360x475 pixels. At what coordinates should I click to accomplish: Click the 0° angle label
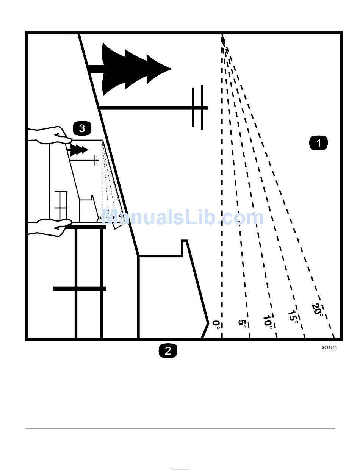click(x=216, y=325)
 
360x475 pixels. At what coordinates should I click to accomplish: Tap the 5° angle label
click(x=243, y=324)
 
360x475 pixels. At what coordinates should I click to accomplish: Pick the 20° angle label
click(x=318, y=310)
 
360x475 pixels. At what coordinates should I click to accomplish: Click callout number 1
click(x=318, y=143)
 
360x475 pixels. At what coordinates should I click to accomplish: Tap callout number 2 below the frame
click(x=167, y=350)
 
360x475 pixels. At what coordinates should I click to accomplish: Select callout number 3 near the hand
click(x=82, y=128)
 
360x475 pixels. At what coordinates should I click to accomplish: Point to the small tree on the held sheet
click(x=78, y=150)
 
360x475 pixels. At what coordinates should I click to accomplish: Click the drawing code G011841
click(x=329, y=347)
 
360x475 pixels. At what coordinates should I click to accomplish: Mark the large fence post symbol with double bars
click(x=197, y=108)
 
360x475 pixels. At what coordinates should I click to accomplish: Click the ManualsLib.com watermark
click(x=183, y=218)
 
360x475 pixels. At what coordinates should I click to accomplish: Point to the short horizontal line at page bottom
click(x=180, y=469)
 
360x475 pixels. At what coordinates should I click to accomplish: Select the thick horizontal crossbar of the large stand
click(x=80, y=289)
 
